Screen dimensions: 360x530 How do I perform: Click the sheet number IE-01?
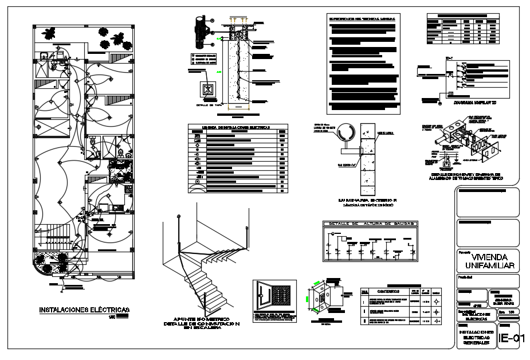click(x=511, y=338)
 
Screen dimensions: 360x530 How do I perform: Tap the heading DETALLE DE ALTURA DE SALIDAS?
click(x=370, y=223)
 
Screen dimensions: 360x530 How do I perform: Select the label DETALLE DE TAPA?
click(x=207, y=105)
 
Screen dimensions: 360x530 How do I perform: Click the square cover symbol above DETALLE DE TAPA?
click(x=207, y=91)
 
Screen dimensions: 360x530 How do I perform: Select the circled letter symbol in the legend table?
click(x=197, y=182)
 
